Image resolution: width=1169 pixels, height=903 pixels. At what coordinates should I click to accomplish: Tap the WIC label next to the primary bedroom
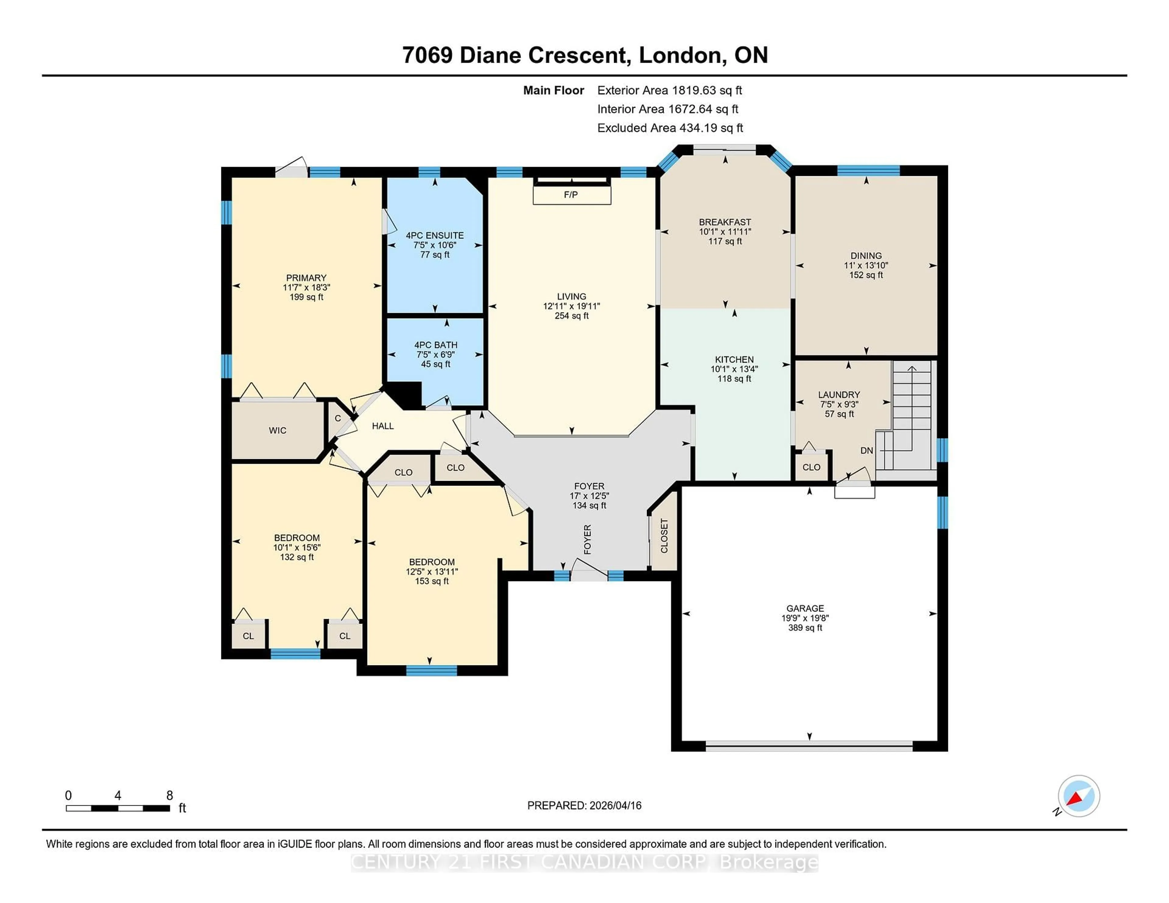277,430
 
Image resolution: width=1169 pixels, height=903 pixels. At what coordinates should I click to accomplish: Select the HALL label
383,426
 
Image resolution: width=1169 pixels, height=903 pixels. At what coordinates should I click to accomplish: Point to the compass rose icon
1079,796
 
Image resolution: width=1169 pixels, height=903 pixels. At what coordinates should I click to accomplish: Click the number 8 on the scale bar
170,796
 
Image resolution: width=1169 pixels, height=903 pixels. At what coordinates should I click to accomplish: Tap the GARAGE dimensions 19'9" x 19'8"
805,618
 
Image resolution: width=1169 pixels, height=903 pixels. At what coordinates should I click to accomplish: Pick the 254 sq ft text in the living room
572,316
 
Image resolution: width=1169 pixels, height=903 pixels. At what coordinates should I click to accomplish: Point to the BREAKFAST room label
725,221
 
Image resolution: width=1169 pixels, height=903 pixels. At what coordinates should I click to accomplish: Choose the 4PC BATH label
436,345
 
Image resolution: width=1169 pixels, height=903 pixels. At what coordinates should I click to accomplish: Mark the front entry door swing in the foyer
589,570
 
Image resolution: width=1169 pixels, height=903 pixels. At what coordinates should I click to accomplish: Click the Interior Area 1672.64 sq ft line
668,109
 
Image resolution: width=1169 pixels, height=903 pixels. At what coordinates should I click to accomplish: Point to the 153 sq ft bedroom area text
431,581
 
